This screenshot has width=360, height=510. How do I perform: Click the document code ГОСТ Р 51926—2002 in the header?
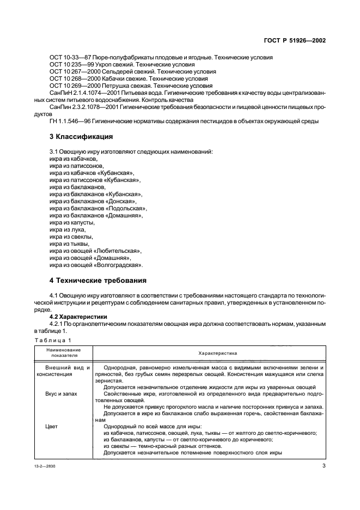(295, 41)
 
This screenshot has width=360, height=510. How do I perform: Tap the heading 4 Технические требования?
(98, 281)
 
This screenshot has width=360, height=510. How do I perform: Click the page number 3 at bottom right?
(324, 467)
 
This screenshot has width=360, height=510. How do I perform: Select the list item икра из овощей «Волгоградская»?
(96, 265)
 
